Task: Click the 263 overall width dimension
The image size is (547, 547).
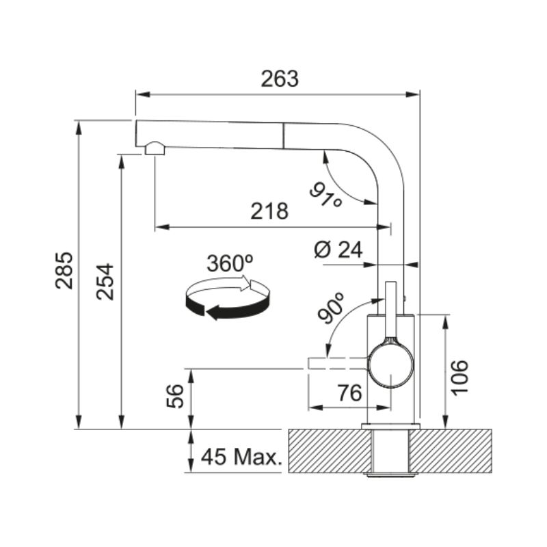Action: coord(280,79)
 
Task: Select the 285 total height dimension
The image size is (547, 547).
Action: coord(64,270)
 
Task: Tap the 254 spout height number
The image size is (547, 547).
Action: coord(105,282)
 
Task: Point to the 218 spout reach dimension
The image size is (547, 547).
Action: coord(269,211)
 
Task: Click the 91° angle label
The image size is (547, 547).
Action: coord(326,196)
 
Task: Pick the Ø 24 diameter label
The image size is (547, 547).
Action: coord(338,250)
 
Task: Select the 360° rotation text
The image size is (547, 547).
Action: coord(230,263)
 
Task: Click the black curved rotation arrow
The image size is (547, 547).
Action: coord(228,306)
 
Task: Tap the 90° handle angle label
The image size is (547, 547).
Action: coord(331,307)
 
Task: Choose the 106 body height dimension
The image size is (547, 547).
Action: coord(459,377)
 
